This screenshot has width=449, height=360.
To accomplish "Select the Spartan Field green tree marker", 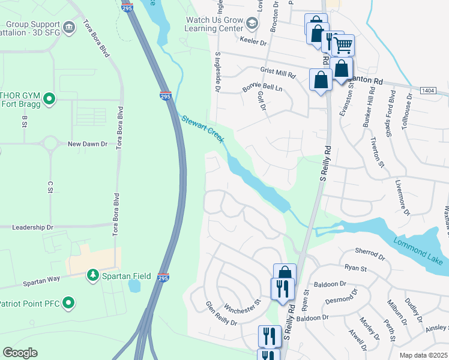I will point(92,275).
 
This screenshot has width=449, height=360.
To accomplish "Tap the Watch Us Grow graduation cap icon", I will point(252,23).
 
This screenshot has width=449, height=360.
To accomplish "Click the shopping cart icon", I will point(343,44).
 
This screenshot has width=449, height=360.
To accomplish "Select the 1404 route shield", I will point(428,90).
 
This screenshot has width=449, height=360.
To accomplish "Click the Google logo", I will point(20,353).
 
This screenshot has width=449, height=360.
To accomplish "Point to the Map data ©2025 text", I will point(423,355).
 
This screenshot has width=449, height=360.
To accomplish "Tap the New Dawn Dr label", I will point(87,144).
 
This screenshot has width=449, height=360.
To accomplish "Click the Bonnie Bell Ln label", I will point(262,88).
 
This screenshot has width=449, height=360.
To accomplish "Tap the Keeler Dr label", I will point(253,43).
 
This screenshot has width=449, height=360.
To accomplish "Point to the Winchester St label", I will point(243,307).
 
